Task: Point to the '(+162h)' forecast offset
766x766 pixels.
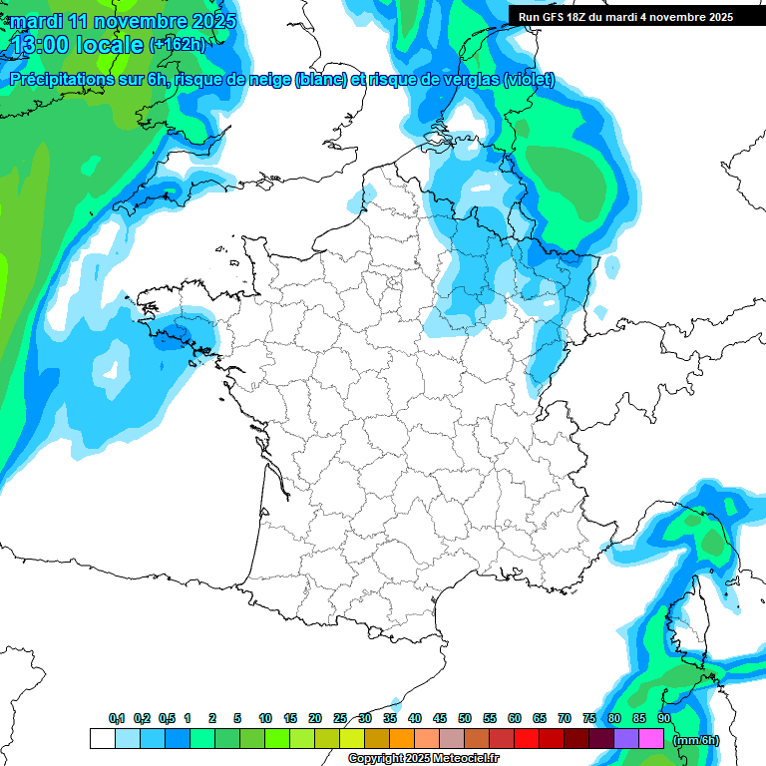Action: pos(177,45)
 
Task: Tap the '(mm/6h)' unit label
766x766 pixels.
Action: pos(696,739)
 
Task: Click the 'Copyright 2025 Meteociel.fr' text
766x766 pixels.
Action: pos(423,759)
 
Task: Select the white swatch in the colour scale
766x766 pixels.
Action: pos(102,739)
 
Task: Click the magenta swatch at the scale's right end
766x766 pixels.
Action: pos(651,739)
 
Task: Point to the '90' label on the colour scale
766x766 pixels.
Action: pos(664,718)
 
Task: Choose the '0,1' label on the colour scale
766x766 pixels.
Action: pos(117,718)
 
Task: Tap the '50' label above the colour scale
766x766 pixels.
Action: pos(465,718)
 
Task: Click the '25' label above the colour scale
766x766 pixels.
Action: pos(340,718)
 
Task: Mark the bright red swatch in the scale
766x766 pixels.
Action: pos(527,739)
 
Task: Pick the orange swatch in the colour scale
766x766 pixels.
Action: pos(402,739)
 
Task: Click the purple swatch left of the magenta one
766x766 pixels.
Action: pos(626,739)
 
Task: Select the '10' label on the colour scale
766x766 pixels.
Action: pos(265,718)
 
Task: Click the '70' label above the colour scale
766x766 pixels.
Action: pos(565,718)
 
